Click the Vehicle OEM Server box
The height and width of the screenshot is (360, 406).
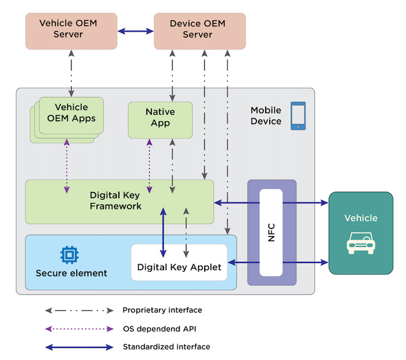coord(68,30)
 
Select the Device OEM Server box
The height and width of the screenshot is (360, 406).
coord(199,30)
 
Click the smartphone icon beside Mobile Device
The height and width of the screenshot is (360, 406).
coord(298,115)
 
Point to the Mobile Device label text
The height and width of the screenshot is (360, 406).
coord(266,115)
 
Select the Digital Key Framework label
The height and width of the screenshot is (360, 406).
coord(115,201)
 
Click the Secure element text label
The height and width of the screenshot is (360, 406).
coord(71,273)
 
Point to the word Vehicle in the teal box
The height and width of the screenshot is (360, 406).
coord(360,218)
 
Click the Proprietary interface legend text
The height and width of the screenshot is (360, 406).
coord(162,310)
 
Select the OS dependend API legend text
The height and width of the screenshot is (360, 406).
coord(158,329)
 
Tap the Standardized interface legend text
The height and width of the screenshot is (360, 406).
coord(166,347)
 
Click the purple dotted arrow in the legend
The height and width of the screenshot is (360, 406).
coord(79,329)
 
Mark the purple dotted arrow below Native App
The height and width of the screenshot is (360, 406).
coord(150,166)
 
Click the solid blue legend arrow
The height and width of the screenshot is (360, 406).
coord(79,347)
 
